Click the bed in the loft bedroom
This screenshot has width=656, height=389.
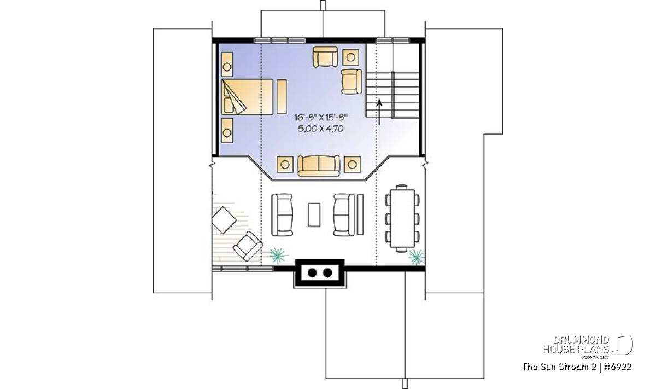[x=247, y=97]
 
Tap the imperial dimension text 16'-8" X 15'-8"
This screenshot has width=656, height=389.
[x=321, y=118]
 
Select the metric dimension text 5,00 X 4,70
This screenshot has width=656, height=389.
[x=321, y=129]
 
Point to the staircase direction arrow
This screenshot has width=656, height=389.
[x=379, y=112]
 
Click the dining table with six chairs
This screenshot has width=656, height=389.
[x=402, y=219]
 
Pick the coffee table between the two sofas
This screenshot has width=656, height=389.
[x=314, y=215]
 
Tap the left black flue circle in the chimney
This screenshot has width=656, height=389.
[x=312, y=272]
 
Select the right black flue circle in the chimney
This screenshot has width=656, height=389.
[x=327, y=272]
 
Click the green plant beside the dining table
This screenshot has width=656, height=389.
[x=416, y=257]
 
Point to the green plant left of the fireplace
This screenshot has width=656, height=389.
[x=278, y=256]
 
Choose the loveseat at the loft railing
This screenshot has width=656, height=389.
[x=319, y=166]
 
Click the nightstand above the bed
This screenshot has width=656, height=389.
[x=227, y=65]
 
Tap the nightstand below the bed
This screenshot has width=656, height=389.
[x=227, y=131]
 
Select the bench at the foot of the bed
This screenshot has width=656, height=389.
[x=282, y=97]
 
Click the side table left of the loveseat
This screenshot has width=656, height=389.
[x=285, y=165]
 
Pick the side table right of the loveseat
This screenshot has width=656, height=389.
[x=352, y=165]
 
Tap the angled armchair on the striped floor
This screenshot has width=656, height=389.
[x=248, y=246]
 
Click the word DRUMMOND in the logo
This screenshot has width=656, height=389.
[x=581, y=340]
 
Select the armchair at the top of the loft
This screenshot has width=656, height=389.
[x=325, y=56]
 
